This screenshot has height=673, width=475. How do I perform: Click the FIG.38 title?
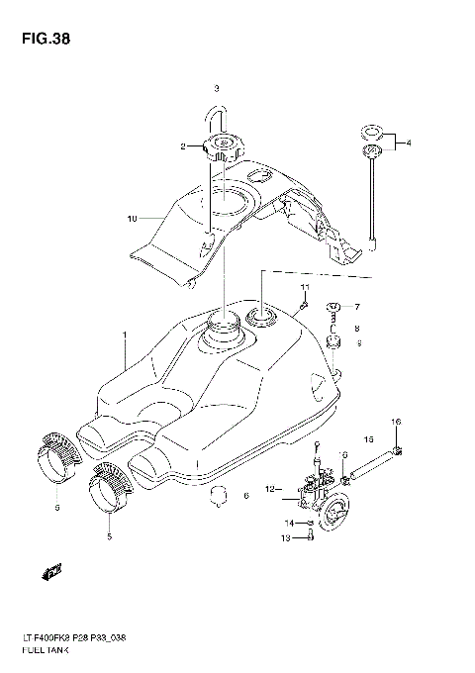[x=43, y=40]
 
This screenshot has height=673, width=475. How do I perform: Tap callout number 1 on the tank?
[x=125, y=336]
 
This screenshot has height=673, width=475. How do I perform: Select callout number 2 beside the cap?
[x=182, y=147]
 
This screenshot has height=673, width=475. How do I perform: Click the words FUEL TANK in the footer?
[x=37, y=644]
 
